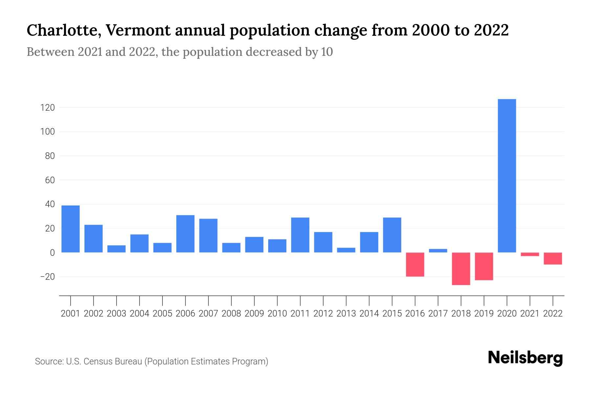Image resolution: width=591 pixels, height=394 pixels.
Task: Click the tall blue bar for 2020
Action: click(x=507, y=176)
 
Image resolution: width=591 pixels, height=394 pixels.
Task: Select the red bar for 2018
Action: click(x=461, y=269)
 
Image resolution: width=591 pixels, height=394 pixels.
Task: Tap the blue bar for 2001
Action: click(x=71, y=229)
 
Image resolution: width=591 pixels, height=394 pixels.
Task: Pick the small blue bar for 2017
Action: click(x=438, y=251)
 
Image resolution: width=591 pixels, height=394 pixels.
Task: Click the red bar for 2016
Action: click(x=415, y=264)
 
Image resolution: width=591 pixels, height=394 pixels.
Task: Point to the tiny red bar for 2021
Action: click(x=530, y=254)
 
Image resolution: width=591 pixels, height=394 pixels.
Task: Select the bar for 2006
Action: click(x=186, y=234)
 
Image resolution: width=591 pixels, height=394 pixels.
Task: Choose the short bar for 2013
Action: click(x=346, y=250)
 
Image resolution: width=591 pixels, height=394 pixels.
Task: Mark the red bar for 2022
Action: click(x=553, y=258)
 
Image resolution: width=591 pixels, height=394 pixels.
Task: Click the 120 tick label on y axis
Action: click(x=48, y=108)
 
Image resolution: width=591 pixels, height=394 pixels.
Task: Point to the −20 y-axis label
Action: click(x=47, y=277)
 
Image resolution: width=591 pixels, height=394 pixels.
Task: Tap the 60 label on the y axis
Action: click(x=50, y=180)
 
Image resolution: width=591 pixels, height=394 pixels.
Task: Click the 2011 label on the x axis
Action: click(x=300, y=314)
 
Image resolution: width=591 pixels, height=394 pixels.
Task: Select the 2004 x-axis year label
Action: click(x=140, y=314)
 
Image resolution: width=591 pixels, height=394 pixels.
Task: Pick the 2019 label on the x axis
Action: click(x=484, y=314)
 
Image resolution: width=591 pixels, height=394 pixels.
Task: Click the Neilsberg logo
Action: click(x=525, y=358)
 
